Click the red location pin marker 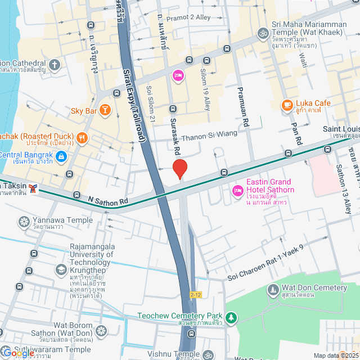coord(179,169)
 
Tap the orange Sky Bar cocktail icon coord(105,109)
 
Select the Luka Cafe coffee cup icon coord(287,105)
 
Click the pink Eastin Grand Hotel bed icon coord(237,192)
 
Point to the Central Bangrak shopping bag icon coord(62,156)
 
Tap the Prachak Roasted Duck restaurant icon coord(82,137)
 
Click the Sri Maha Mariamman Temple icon coord(262,33)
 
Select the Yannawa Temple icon coord(24,221)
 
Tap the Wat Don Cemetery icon coord(273,290)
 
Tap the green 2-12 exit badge coord(195,294)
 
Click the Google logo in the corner coord(18,353)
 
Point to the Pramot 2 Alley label coord(188,17)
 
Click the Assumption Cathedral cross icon coord(55,65)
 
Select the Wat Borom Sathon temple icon coord(101,330)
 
